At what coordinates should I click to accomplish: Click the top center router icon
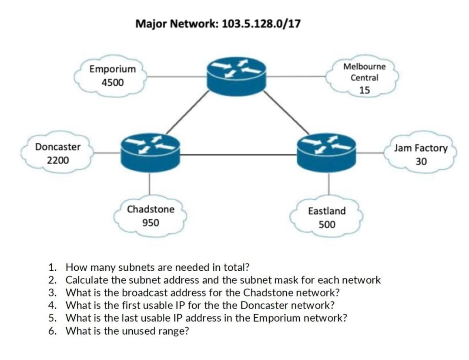tap(236, 77)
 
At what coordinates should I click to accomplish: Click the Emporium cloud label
tap(112, 69)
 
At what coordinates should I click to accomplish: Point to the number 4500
tap(112, 82)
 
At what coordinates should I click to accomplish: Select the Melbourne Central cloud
tap(364, 77)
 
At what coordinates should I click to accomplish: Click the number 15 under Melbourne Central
tap(365, 90)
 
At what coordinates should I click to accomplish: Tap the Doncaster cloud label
tap(58, 147)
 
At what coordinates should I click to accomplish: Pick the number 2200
tap(58, 160)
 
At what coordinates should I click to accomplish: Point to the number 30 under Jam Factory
tap(421, 161)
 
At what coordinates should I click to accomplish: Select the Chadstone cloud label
tap(151, 209)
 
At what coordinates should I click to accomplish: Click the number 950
tap(151, 223)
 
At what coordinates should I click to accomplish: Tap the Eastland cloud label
tap(327, 211)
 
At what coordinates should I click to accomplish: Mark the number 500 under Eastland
tap(327, 225)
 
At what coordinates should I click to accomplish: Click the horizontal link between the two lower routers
tap(238, 155)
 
